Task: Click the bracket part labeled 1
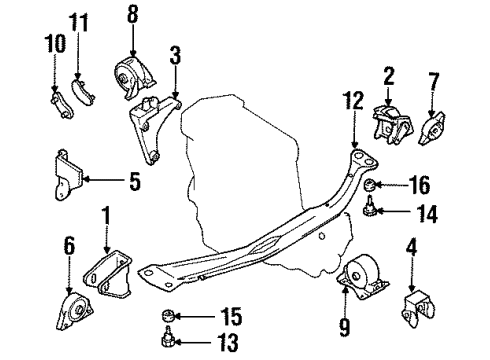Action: [x=107, y=272]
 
